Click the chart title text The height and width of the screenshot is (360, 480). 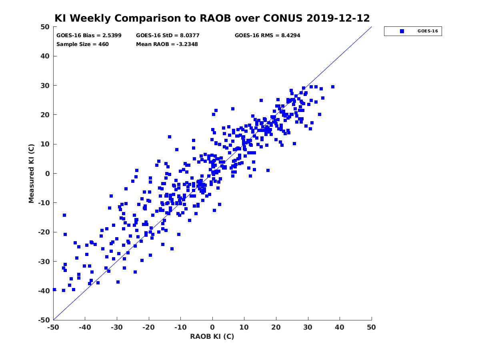point(212,18)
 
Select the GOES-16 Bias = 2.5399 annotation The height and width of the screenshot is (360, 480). point(89,36)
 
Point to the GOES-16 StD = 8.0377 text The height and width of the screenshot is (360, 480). point(168,36)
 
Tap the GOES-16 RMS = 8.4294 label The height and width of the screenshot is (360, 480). point(267,36)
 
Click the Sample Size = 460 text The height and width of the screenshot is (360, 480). point(82,44)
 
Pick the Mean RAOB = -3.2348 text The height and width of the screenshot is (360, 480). point(167,44)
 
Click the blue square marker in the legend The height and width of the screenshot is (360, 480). point(402,31)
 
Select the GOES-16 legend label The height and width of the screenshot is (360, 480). point(428,31)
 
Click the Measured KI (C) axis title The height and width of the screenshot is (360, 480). point(31,173)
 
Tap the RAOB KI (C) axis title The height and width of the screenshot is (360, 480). point(212,336)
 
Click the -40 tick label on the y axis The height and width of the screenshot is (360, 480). point(44,291)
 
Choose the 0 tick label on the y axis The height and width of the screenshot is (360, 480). point(48,174)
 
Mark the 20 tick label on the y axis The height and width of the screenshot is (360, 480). point(45,115)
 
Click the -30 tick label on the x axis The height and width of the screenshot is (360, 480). point(117,327)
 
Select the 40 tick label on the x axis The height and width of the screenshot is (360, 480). point(340,327)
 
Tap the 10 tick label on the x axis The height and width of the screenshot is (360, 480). point(244,327)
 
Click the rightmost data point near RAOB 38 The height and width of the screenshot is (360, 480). point(333,87)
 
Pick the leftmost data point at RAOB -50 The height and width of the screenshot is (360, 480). point(55,290)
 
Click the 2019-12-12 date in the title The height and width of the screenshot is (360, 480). point(338,18)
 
